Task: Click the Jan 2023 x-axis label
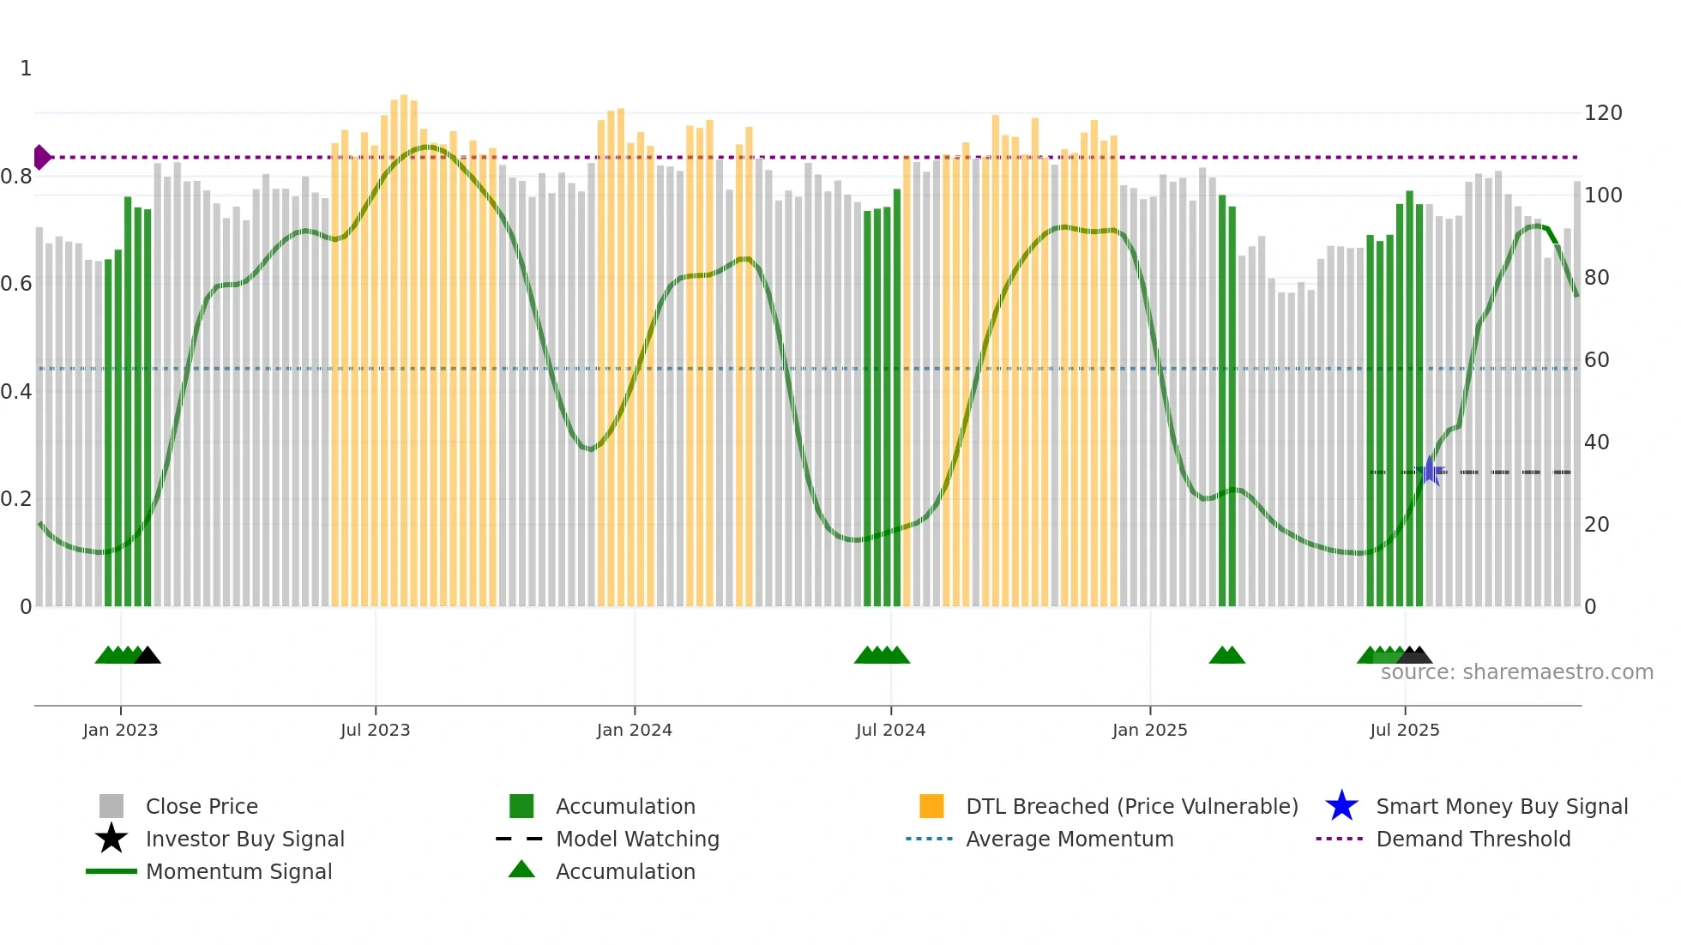point(120,730)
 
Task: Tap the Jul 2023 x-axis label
point(375,730)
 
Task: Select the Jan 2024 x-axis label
point(634,730)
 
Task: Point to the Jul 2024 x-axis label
point(890,730)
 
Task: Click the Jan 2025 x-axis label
point(1149,730)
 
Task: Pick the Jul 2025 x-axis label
point(1404,730)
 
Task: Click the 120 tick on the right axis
point(1603,113)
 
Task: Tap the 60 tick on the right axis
point(1596,360)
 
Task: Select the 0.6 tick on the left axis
point(16,284)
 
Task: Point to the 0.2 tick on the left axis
point(16,499)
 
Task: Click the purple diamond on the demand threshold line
point(40,158)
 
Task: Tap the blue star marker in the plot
point(1430,472)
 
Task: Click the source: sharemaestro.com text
point(1516,672)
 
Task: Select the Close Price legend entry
point(202,807)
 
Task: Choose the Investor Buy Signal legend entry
point(244,840)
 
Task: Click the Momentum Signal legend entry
point(238,872)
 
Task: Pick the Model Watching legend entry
point(637,840)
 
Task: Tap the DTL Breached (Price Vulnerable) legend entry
point(1131,807)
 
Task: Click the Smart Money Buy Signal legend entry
point(1501,807)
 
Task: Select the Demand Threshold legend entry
point(1473,840)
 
